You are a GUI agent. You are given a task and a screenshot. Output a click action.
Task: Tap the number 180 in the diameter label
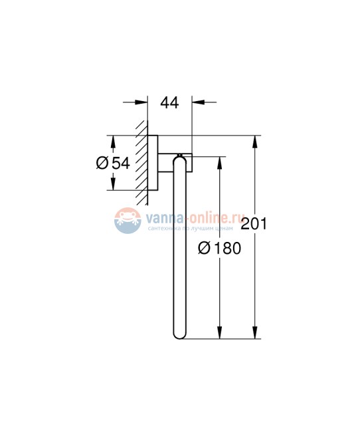tap(228, 249)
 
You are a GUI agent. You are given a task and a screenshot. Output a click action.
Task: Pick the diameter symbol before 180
tap(205, 249)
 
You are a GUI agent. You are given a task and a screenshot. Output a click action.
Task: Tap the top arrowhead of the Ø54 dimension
tap(112, 142)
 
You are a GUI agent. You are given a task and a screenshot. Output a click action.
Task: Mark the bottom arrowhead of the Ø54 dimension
tap(112, 185)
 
